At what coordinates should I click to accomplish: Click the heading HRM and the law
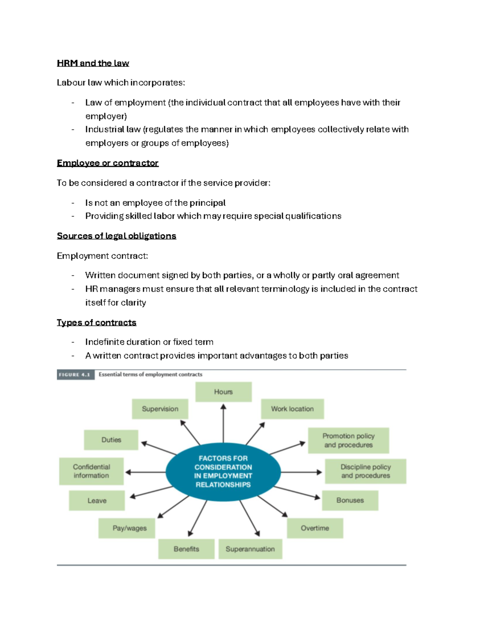point(93,63)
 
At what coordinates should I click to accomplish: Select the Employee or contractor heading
point(108,163)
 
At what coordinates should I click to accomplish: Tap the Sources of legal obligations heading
point(117,236)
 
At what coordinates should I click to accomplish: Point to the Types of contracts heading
point(96,323)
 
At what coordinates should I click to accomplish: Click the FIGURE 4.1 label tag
point(75,375)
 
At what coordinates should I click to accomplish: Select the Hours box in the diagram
point(223,392)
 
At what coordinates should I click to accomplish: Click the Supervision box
point(160,409)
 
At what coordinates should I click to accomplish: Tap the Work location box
point(292,409)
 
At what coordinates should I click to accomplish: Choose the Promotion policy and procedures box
point(348,440)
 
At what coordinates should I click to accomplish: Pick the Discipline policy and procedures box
point(365,471)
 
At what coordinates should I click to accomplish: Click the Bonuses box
point(350,500)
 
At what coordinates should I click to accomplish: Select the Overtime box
point(315,528)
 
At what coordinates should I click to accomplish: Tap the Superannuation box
point(250,549)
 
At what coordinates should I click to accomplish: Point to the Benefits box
point(186,549)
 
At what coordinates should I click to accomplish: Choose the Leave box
point(97,501)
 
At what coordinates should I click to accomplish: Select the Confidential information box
point(91,471)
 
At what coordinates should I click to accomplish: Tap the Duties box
point(111,440)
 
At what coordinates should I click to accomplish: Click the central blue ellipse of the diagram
point(223,472)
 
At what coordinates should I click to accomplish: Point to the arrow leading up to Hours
point(223,424)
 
